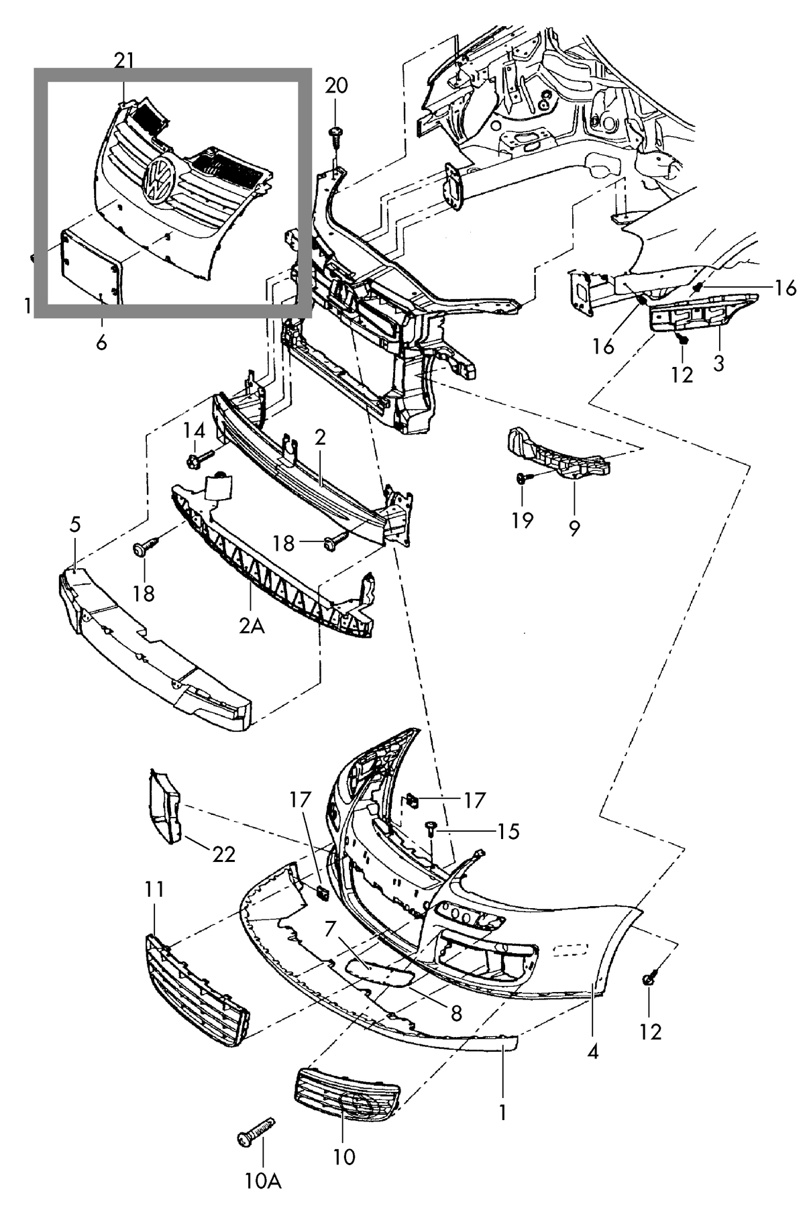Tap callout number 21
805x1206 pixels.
(124, 61)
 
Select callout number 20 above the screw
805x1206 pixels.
(337, 85)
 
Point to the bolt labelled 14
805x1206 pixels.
(199, 459)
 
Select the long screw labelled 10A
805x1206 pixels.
(256, 1132)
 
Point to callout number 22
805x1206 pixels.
(224, 855)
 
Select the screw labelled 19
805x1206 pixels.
(523, 478)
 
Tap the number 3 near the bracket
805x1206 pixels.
(718, 364)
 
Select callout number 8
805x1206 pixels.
(456, 1012)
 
